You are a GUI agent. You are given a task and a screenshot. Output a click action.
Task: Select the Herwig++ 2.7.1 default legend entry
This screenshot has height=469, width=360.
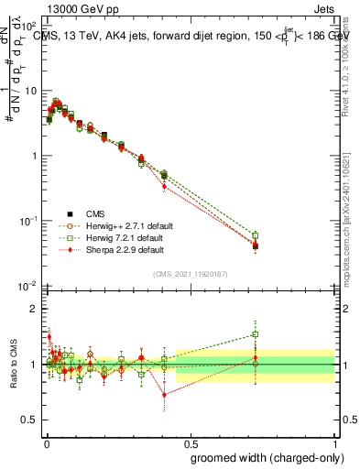tap(123, 224)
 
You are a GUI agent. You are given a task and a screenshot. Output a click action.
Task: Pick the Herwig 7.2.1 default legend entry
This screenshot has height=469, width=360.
tap(120, 236)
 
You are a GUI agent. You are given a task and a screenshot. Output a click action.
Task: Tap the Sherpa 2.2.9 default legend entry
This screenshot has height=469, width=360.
tap(119, 248)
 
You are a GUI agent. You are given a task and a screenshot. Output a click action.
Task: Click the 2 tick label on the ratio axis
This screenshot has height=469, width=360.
tap(35, 309)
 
